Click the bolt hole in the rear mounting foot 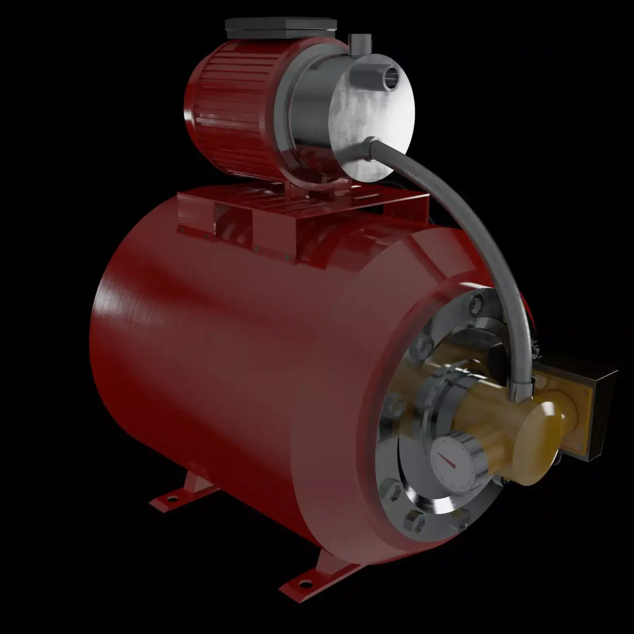(x=171, y=498)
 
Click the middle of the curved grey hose (x=475, y=227)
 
